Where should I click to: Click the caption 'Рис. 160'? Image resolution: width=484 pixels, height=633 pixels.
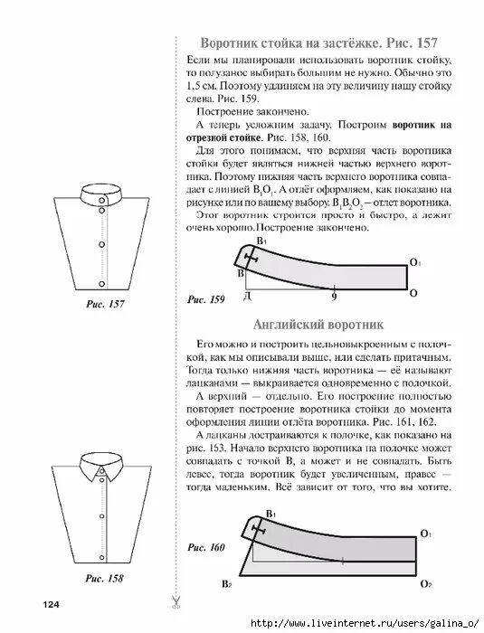(205, 546)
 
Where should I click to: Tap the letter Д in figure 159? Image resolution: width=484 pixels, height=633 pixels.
(246, 297)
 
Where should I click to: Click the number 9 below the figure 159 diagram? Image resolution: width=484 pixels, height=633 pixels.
(334, 297)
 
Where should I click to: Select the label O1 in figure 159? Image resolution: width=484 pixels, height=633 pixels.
(414, 262)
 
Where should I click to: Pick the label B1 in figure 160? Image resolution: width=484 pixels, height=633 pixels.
(269, 515)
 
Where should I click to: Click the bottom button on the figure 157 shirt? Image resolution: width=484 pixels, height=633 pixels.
(101, 270)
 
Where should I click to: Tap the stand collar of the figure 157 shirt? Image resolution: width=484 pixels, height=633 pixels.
(101, 194)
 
